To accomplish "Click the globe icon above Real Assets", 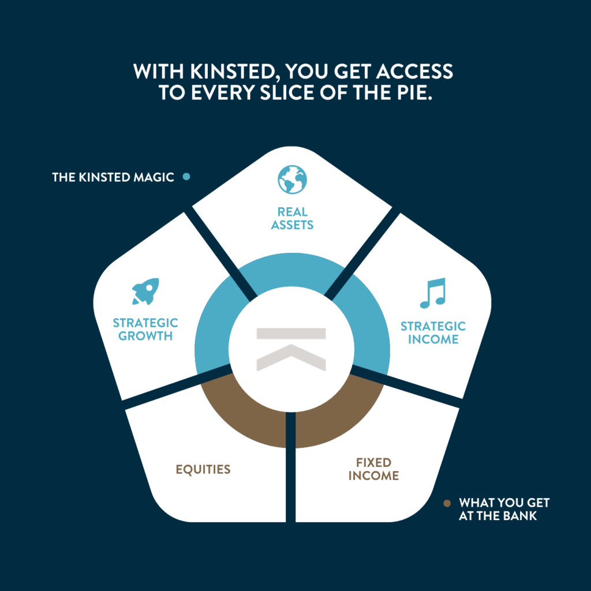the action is [292, 179].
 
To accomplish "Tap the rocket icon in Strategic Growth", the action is [145, 291].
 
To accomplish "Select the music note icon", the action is [433, 293].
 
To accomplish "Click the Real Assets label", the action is [292, 218].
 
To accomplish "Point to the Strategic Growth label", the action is [145, 329].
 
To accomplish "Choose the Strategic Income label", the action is [433, 332].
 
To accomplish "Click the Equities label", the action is [203, 469].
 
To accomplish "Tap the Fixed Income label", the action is [373, 469].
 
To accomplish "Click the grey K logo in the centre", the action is [291, 349].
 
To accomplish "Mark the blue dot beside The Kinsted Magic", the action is [186, 177].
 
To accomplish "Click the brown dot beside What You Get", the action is [447, 503].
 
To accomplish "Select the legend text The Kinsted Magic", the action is [113, 177].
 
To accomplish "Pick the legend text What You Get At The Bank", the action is [504, 509].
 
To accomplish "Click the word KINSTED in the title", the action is [234, 71].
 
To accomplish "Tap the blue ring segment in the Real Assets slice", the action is [291, 270].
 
